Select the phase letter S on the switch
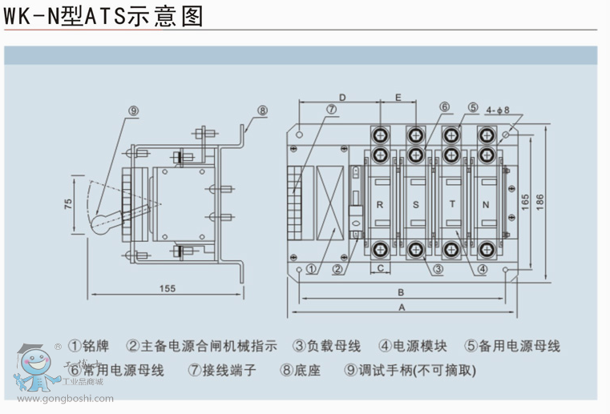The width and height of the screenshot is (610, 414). (414, 205)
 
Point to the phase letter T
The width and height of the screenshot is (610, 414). (451, 205)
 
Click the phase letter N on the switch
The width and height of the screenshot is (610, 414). (487, 205)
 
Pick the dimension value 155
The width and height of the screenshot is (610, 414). (167, 287)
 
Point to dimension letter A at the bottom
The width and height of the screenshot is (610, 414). (402, 306)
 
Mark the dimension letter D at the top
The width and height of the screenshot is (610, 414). (341, 97)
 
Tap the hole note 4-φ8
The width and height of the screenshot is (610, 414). (498, 109)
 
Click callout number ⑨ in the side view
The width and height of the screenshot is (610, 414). (133, 111)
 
